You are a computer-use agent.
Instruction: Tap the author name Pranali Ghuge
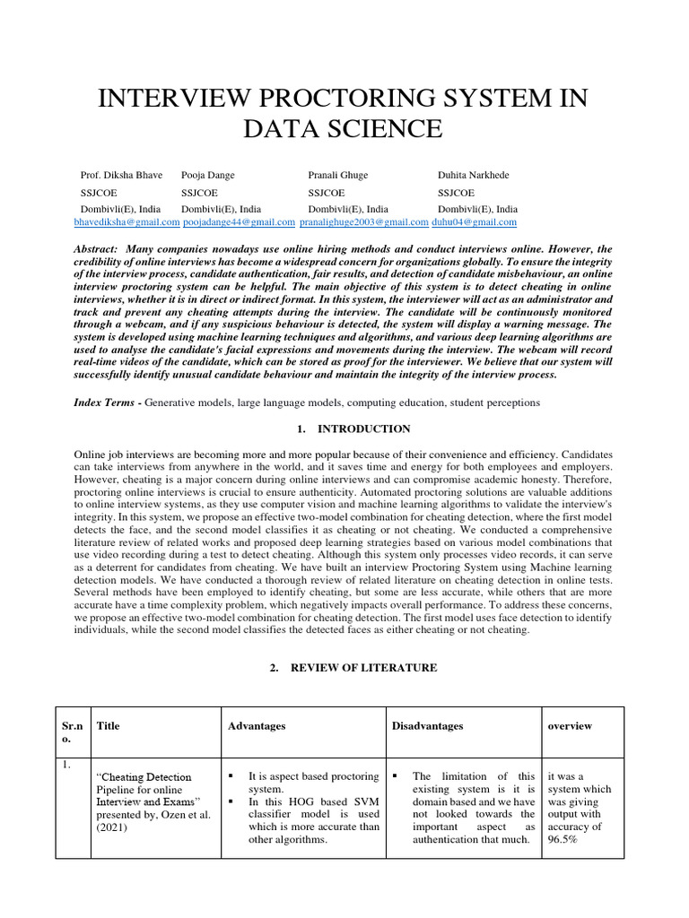[338, 175]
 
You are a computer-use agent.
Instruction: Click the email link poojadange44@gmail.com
[238, 221]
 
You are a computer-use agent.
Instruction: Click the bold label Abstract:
[96, 249]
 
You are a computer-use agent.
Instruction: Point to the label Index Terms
[103, 403]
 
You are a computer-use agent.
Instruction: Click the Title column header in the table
[108, 726]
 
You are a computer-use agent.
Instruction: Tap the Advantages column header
[257, 726]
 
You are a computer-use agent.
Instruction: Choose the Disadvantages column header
[428, 726]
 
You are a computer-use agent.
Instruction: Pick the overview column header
[570, 726]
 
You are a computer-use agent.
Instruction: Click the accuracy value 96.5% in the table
[562, 840]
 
